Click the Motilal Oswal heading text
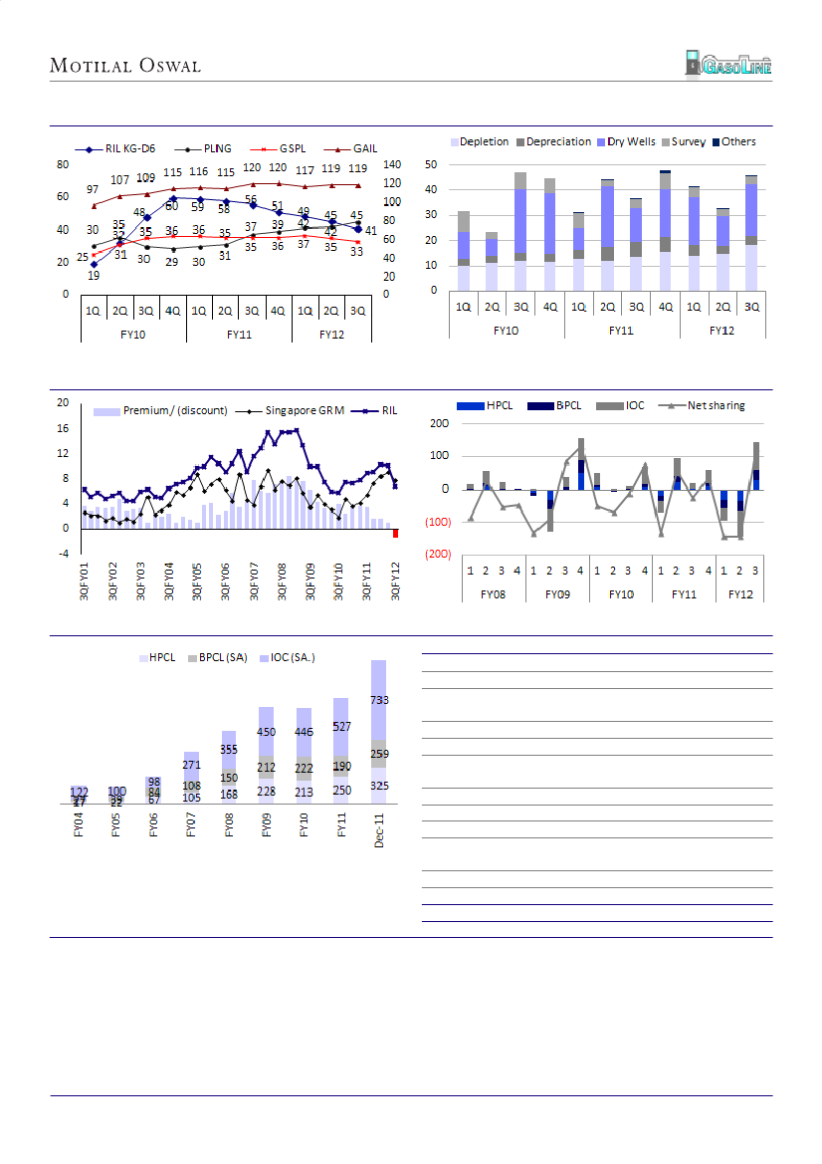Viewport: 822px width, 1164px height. [x=125, y=66]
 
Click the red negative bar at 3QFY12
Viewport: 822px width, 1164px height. [x=395, y=534]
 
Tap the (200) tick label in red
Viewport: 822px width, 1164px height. [x=434, y=554]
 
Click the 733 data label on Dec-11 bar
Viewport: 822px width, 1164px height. [x=379, y=700]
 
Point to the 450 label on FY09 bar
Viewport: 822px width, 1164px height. [x=267, y=732]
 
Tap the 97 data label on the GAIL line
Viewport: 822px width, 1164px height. [x=93, y=189]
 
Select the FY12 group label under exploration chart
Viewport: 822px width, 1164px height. [x=722, y=329]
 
